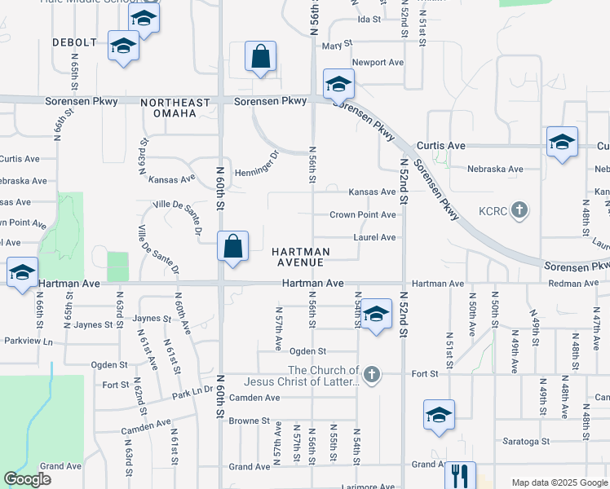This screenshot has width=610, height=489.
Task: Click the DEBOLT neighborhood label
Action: (75, 42)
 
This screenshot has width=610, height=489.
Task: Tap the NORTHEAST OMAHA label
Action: (169, 108)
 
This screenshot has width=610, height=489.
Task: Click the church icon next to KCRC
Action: (519, 210)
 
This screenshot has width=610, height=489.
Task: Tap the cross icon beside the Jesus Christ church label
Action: (372, 374)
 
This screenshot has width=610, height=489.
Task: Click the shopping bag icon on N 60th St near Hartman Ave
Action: (232, 246)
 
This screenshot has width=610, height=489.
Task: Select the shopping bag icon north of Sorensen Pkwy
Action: (260, 57)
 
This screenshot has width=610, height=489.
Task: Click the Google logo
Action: (27, 479)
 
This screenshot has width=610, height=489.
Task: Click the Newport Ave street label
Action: (378, 62)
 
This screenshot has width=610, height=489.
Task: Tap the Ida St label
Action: (369, 19)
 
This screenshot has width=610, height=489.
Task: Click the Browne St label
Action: (249, 421)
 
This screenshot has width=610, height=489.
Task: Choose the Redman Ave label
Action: (577, 283)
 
